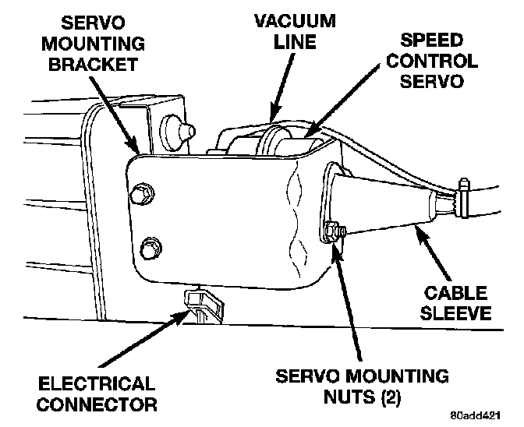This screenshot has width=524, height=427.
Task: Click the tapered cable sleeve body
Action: pyautogui.click(x=382, y=206)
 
